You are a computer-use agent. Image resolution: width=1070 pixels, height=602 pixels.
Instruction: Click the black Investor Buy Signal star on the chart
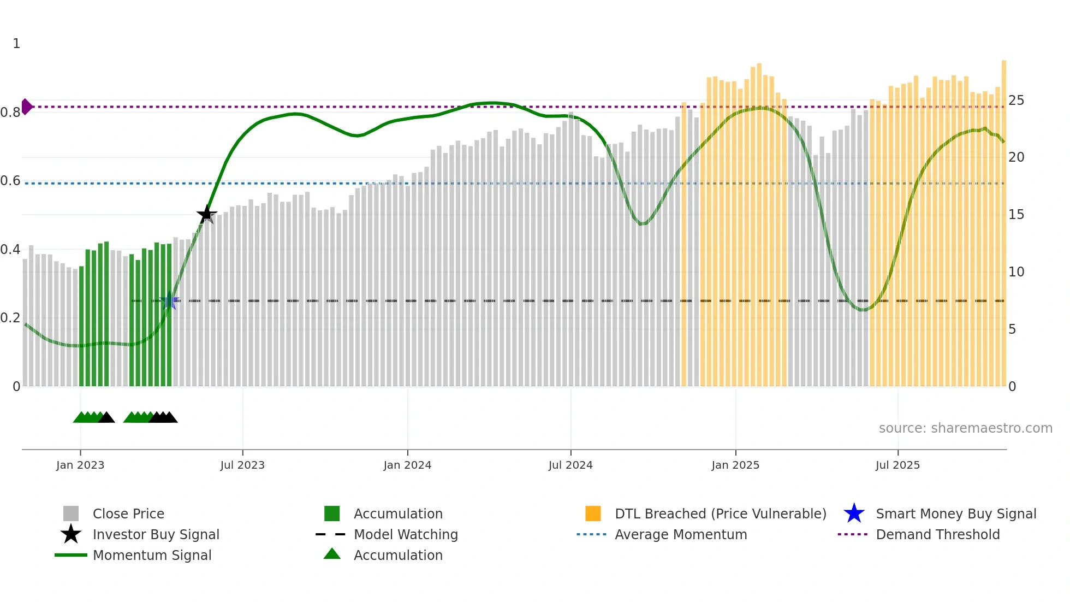[x=206, y=214]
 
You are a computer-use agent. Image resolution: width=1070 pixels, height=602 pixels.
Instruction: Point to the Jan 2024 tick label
[x=407, y=465]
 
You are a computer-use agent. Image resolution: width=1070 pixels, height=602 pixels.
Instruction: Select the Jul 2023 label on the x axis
[x=242, y=465]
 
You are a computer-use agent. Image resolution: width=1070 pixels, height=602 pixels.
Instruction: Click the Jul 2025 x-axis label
[x=897, y=465]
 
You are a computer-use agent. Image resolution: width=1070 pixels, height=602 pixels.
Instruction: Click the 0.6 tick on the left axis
[x=10, y=181]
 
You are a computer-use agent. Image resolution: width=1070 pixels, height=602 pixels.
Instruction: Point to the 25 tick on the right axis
[x=1016, y=101]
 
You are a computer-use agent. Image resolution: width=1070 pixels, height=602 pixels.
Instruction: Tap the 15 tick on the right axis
[x=1016, y=215]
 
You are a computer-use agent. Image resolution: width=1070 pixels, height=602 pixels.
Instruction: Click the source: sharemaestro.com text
[x=965, y=428]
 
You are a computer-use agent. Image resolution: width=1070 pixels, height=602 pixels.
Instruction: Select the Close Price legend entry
[x=128, y=514]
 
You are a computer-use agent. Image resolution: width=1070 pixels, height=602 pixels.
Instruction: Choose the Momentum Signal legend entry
[x=152, y=555]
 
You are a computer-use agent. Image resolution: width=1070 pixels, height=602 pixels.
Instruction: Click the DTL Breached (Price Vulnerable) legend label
[x=720, y=514]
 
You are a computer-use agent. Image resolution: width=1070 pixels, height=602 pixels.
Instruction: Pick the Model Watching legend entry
[x=406, y=534]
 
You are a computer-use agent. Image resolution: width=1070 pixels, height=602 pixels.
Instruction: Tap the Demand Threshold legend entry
[x=937, y=534]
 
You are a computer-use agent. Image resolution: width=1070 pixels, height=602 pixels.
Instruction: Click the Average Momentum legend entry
[x=681, y=534]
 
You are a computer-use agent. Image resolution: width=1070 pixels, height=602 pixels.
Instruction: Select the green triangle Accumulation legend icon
[x=332, y=554]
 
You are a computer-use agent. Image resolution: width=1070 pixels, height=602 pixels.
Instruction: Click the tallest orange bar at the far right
[x=1003, y=219]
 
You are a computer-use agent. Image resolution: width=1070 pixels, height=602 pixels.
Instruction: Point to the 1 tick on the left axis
[x=16, y=44]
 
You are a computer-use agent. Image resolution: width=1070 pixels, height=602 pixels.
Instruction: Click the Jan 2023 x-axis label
[x=80, y=465]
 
